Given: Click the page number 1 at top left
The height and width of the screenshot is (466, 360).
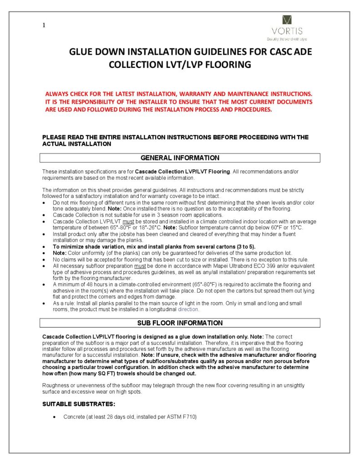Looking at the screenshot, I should coord(44,25).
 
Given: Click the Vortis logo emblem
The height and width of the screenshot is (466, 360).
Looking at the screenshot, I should coord(287,20).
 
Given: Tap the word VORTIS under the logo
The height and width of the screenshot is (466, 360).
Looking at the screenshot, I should coord(287,31).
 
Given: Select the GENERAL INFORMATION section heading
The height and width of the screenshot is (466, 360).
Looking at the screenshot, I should coord(180,158).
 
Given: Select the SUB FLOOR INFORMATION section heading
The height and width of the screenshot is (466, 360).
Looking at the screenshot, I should coord(180,323).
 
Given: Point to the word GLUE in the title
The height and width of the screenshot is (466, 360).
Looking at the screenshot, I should coord(81,52).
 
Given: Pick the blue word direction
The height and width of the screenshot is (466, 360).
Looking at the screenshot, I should coord(188,309).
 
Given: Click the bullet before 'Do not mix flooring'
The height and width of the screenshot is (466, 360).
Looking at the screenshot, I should coord(43,203).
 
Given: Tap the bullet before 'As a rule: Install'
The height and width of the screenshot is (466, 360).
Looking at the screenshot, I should coord(43,303).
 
